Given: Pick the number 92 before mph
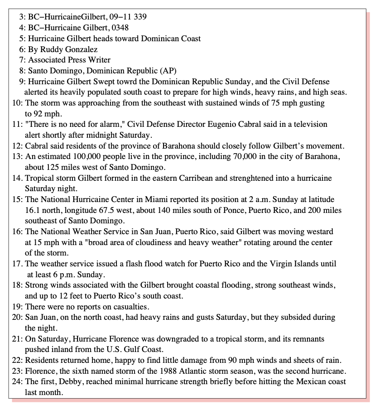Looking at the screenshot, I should [x=38, y=113].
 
